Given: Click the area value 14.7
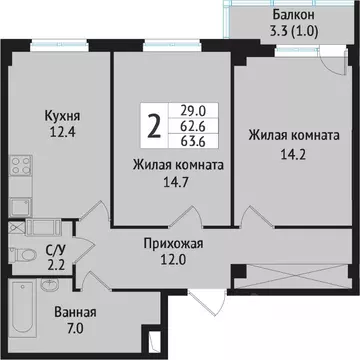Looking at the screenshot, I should click(x=175, y=183).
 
